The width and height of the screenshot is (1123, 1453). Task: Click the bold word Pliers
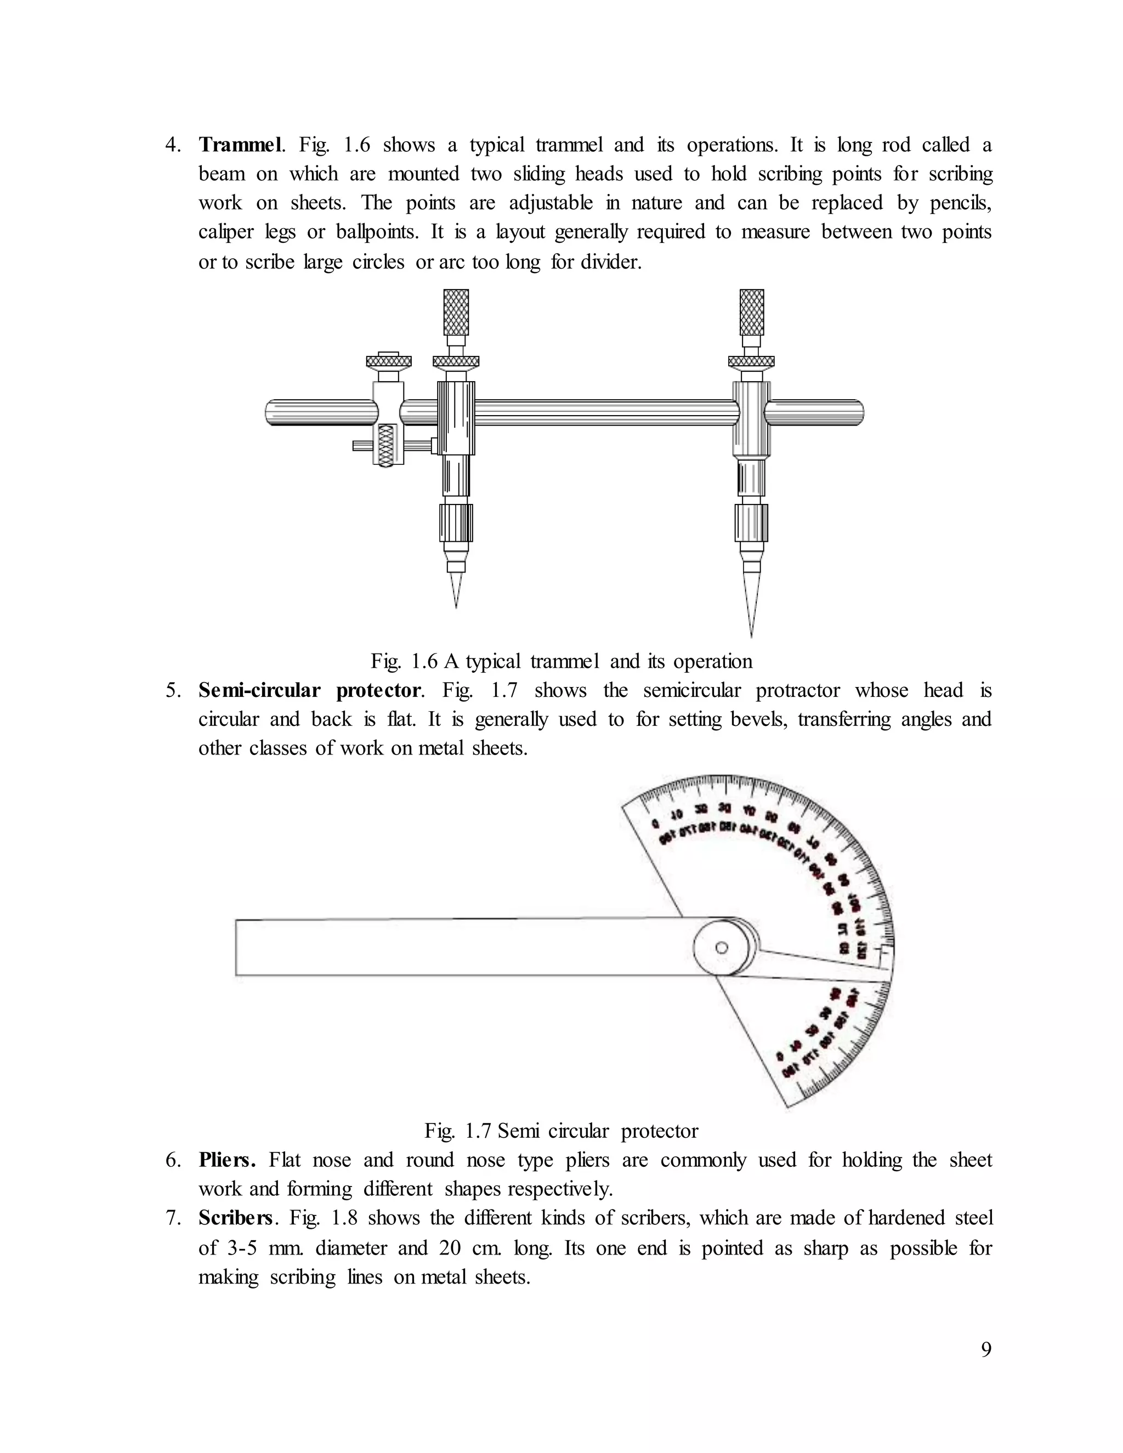pos(227,1160)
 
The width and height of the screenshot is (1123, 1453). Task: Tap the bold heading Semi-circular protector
pos(309,690)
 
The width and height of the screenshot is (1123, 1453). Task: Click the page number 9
pos(986,1349)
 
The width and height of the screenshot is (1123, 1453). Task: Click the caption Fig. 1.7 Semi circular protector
pos(561,1131)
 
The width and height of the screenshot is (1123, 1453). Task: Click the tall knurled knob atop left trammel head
pos(456,312)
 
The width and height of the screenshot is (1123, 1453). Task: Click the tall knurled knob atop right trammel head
pos(752,312)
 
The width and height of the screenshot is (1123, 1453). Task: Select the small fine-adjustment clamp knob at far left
pos(389,361)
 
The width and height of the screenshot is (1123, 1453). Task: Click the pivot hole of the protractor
pos(721,947)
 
